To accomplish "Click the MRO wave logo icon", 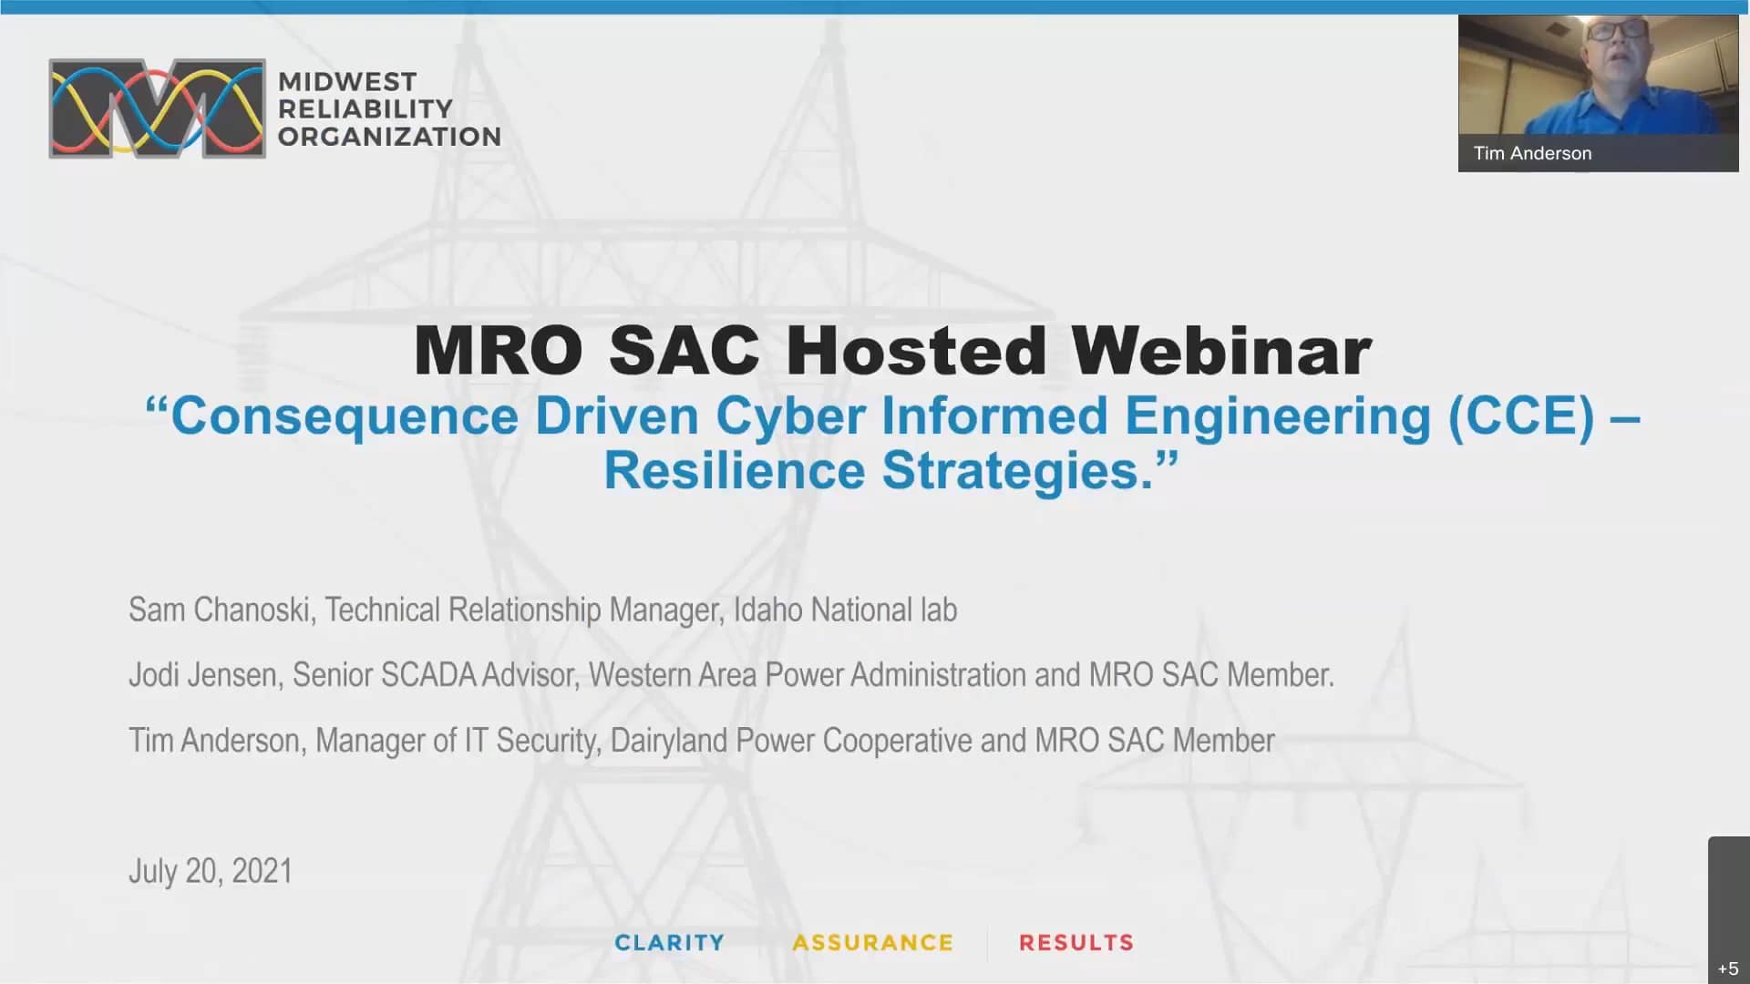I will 157,109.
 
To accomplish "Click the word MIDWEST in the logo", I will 347,82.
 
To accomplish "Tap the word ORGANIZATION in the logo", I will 389,137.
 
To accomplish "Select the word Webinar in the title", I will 1220,351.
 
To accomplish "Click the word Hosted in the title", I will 915,351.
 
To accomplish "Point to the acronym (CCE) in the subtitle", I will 1521,416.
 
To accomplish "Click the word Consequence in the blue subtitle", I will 345,416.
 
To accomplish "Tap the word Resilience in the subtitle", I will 734,471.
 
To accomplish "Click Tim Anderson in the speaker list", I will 214,741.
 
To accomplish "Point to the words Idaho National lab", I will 845,610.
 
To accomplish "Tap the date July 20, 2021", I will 211,871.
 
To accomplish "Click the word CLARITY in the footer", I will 669,942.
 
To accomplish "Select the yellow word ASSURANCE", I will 872,942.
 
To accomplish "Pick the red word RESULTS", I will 1076,942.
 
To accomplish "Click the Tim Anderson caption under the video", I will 1532,153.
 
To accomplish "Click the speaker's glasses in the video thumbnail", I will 1616,29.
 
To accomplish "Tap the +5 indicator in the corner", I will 1728,969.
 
